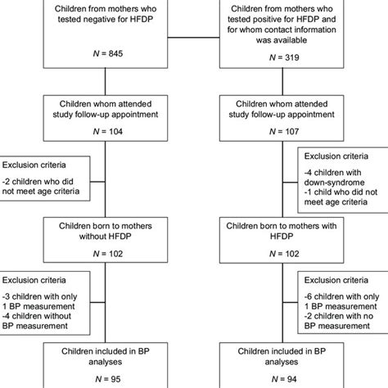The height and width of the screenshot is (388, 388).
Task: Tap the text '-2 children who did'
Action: click(44, 174)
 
